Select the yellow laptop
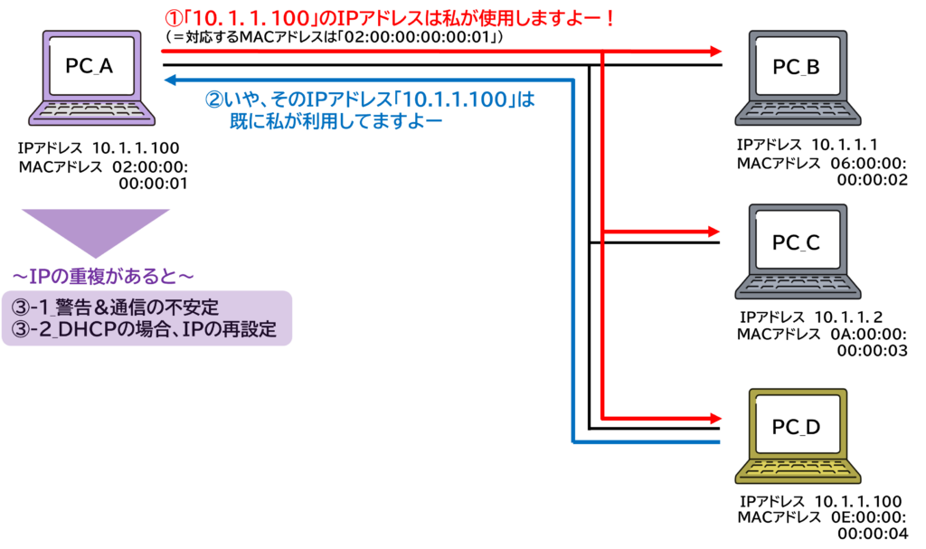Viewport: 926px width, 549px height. [798, 436]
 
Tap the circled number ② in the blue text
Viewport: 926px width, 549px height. [214, 99]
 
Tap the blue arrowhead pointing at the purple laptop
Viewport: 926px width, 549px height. [167, 81]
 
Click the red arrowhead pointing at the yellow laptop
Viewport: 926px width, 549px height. [716, 419]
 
